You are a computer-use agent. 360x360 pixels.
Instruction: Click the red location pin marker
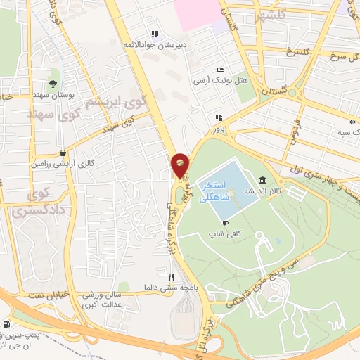pos(181,165)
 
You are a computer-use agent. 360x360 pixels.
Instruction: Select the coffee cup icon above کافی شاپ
pos(225,223)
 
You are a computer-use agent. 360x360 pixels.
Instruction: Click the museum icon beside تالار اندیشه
pos(262,180)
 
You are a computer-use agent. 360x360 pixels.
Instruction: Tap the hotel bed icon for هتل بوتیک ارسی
pos(220,70)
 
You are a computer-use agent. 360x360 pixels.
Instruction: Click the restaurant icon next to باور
pos(219,117)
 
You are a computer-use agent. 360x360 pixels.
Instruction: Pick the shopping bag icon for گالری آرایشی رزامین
pos(63,152)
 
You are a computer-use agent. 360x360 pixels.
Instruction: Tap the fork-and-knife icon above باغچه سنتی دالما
pos(171,276)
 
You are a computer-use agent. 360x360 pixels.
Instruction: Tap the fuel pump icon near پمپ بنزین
pos(7,324)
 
